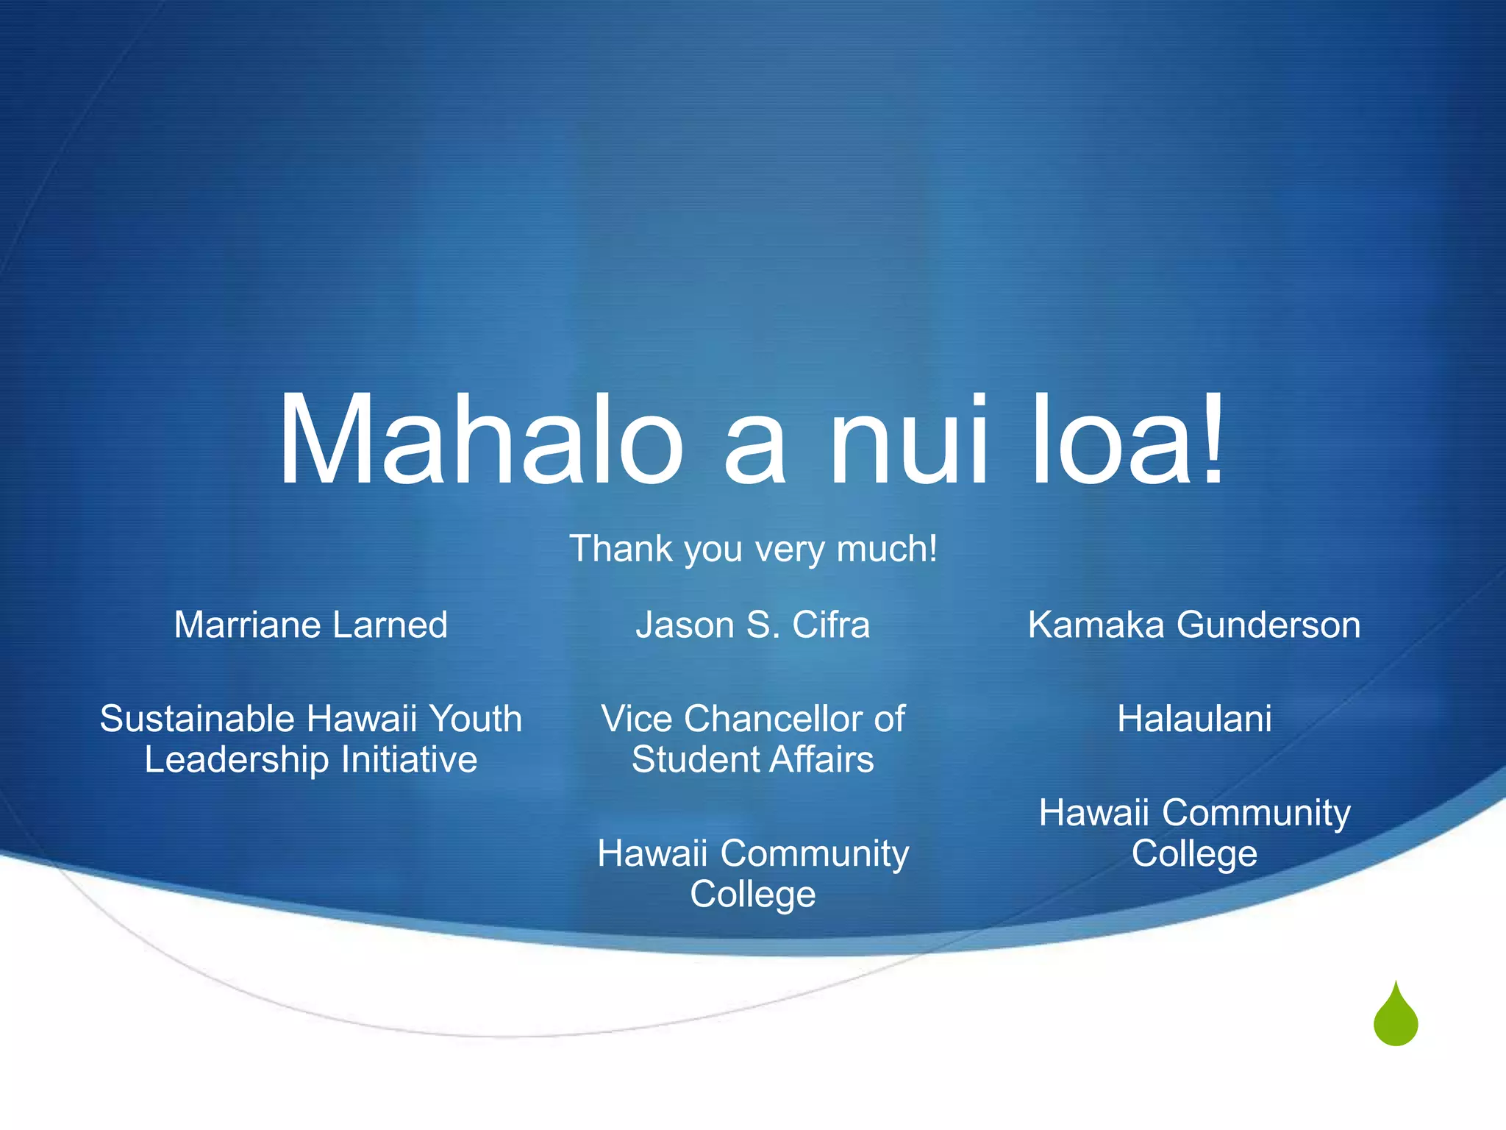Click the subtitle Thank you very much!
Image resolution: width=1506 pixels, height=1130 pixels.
coord(753,549)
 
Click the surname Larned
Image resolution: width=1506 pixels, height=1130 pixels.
coord(390,625)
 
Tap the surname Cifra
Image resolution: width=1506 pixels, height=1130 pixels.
coord(831,625)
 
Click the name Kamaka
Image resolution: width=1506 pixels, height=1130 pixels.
coord(1096,625)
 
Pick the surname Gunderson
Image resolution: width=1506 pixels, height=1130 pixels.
coord(1268,625)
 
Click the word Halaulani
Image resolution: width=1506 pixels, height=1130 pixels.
coord(1194,719)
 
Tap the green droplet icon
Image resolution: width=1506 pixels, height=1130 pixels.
coord(1395,1017)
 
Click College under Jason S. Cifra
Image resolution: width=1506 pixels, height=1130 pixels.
coord(753,895)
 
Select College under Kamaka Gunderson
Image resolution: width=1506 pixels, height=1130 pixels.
coord(1194,854)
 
